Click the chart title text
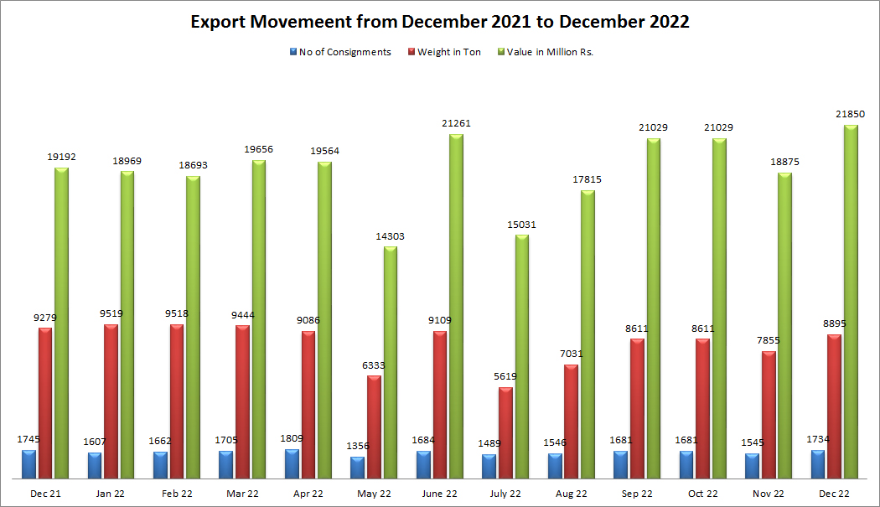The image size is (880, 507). tap(440, 22)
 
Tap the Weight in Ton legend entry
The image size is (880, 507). tap(448, 52)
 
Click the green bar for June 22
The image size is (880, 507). tap(456, 307)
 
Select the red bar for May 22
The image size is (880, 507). tap(374, 427)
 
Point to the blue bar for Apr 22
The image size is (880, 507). tap(292, 463)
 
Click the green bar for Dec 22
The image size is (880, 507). tap(851, 302)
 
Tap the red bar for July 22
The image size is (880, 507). tap(505, 432)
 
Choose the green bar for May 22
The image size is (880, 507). tap(391, 362)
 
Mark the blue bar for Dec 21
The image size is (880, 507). tap(29, 463)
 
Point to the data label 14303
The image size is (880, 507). tap(390, 236)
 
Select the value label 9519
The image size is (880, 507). tap(111, 314)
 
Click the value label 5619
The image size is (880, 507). tap(505, 376)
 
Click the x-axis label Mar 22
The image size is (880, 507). tap(241, 494)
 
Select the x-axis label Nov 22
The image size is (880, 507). tap(768, 494)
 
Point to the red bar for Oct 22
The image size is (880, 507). tap(702, 408)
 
